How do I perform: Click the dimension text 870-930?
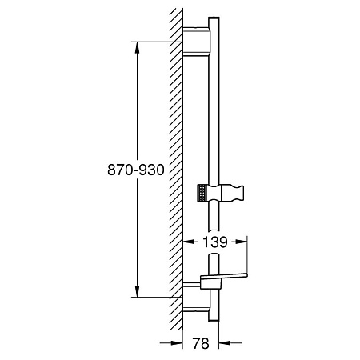(136, 170)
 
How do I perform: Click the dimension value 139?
(215, 242)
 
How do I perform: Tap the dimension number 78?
(201, 343)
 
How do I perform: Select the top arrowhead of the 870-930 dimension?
(137, 47)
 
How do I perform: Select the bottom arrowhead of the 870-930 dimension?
(137, 291)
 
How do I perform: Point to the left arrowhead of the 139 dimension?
(189, 242)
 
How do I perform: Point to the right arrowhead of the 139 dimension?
(242, 242)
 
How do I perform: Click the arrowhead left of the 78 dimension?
(177, 343)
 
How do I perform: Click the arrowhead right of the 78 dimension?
(225, 343)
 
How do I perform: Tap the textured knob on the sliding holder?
(202, 193)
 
